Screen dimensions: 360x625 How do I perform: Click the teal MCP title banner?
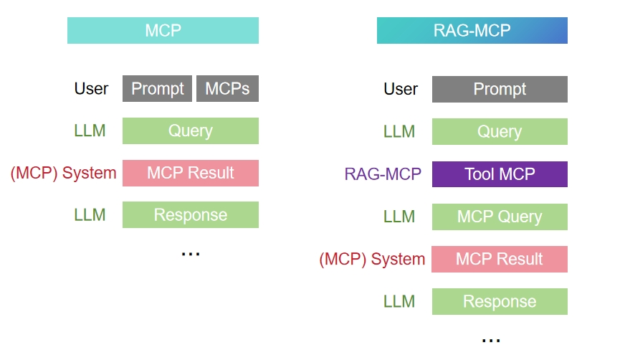[x=163, y=31]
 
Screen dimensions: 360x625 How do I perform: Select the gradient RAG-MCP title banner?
[x=472, y=31]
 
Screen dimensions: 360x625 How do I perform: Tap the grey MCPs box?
[x=227, y=89]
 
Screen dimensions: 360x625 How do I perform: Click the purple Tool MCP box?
[x=500, y=174]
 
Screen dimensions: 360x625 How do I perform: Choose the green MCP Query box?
[x=500, y=217]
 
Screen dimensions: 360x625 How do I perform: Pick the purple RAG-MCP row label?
[x=383, y=174]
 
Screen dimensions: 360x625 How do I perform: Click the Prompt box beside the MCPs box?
[x=157, y=89]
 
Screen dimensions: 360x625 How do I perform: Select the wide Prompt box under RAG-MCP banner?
[x=500, y=90]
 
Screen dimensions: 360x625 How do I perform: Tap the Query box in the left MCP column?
[x=190, y=131]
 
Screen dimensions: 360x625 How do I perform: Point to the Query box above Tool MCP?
[x=500, y=132]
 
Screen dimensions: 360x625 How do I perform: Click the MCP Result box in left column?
[x=190, y=173]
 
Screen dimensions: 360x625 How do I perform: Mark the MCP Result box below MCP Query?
[x=500, y=259]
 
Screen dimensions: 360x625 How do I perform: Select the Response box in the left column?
[x=190, y=215]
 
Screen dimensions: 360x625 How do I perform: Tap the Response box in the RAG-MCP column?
[x=500, y=301]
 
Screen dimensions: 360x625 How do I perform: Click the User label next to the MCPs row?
[x=91, y=89]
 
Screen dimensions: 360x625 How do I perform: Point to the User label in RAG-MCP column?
[x=401, y=90]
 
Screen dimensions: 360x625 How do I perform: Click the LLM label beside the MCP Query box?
[x=399, y=217]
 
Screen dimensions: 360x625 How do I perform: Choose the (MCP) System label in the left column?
[x=63, y=173]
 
